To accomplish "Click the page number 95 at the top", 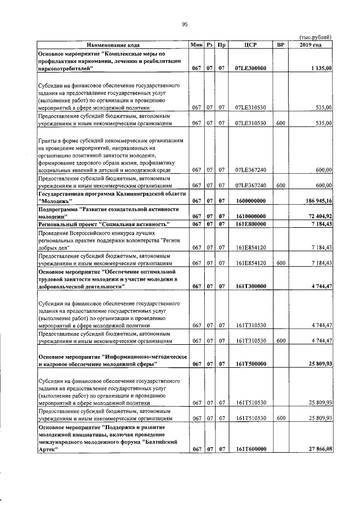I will (x=184, y=24).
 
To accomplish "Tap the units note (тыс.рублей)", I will (x=316, y=37).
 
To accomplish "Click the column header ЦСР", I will (x=251, y=44).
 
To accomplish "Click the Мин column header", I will (x=196, y=44).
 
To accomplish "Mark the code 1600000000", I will (x=250, y=201).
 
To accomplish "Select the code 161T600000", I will (x=251, y=449).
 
